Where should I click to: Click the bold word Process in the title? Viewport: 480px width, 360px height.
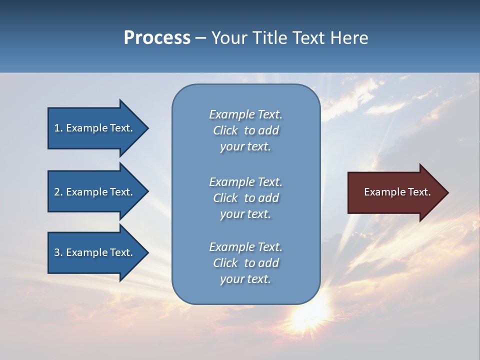(157, 38)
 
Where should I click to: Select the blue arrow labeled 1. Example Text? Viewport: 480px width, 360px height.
(95, 128)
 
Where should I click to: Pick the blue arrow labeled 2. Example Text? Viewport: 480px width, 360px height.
(95, 192)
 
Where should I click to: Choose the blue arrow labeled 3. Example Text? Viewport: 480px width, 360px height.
(95, 252)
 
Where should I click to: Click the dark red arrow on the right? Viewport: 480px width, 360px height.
(395, 192)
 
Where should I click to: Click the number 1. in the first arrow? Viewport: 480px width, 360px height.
(58, 128)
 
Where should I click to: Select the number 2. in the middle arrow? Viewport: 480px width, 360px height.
(58, 192)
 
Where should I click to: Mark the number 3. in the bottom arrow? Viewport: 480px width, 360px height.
(58, 252)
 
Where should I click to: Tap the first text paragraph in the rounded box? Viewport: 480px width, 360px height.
(245, 130)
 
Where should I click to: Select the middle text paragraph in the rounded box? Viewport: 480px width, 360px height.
(245, 198)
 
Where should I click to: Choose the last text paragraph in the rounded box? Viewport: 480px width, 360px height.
(245, 263)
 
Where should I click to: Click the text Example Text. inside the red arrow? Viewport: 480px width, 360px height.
(397, 192)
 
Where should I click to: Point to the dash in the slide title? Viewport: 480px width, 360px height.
(200, 38)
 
